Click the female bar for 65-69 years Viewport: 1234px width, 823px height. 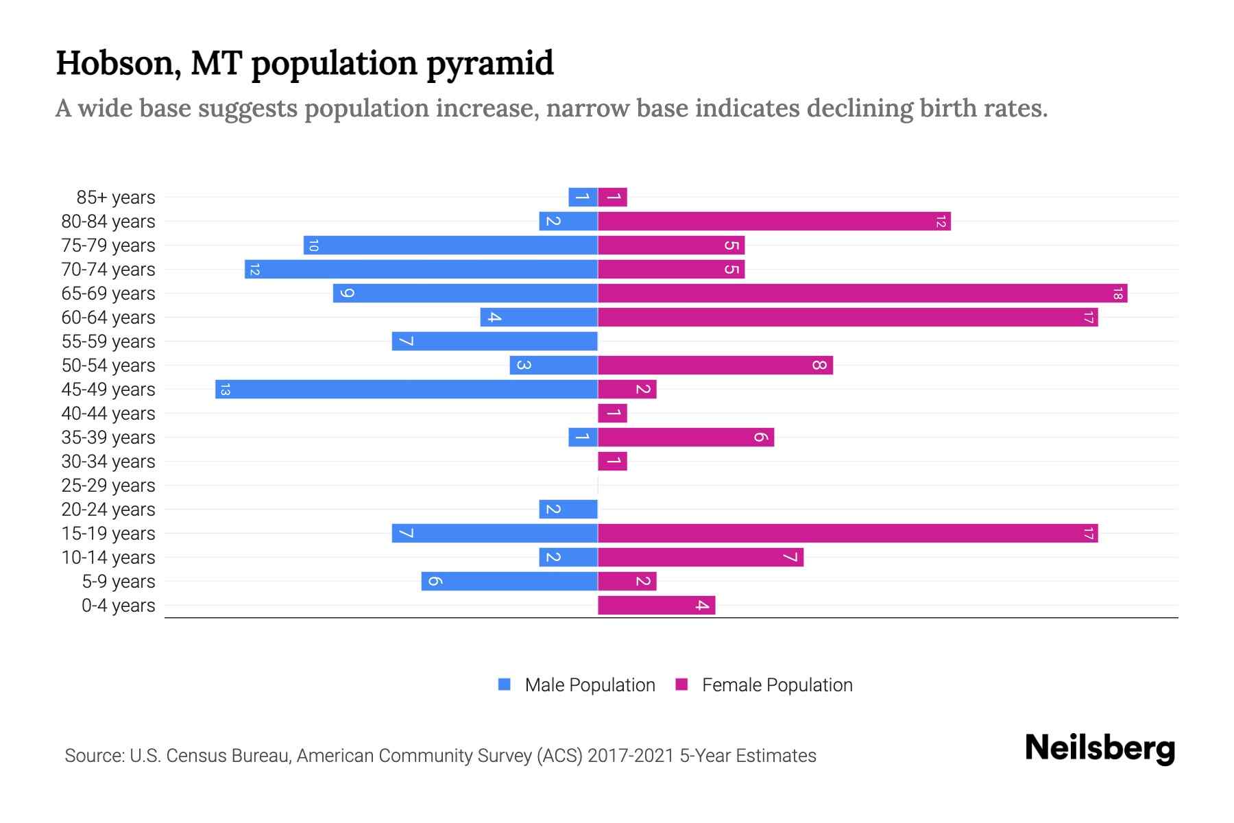coord(862,294)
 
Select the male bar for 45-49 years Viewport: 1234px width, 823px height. coord(407,390)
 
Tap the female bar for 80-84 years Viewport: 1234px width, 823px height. coord(774,222)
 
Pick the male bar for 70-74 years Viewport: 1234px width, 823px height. coord(421,270)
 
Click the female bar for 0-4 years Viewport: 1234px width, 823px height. coord(656,606)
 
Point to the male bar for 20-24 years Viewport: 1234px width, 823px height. coord(568,510)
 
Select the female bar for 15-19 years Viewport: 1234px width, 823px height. coord(847,534)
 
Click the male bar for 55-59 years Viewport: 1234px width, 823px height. coord(494,342)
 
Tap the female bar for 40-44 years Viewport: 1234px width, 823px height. coord(612,414)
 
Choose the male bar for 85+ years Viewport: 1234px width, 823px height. coord(583,198)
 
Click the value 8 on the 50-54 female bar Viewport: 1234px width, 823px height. coord(819,366)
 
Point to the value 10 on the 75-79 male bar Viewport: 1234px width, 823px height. coord(313,246)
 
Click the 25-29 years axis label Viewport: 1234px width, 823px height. coord(108,486)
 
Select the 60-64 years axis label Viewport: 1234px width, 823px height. coord(108,318)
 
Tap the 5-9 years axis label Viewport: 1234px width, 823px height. coord(119,582)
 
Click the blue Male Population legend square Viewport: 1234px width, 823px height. coord(505,684)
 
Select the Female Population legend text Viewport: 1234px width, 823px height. coord(777,684)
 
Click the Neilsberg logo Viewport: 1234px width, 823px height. coord(1100,748)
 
